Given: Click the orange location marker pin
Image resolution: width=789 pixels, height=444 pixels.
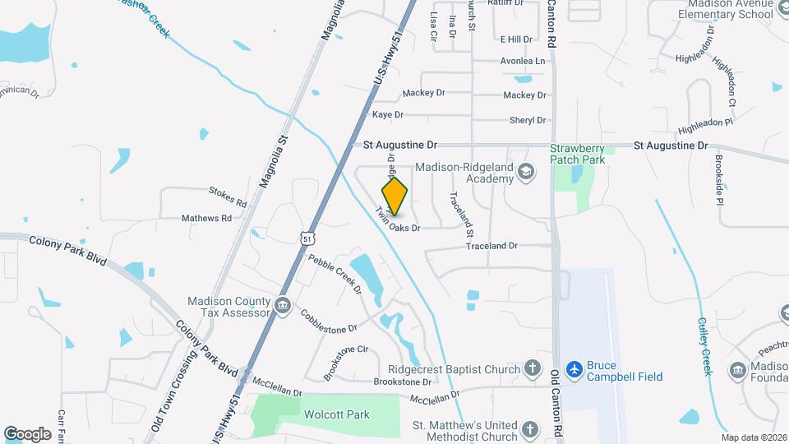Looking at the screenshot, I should click(394, 196).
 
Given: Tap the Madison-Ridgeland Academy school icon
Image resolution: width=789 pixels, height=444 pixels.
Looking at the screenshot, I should click(526, 172).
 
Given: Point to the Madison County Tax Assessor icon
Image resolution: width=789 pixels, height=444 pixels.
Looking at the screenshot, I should click(282, 306).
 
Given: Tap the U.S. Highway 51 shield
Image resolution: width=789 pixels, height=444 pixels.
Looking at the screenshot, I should click(307, 238).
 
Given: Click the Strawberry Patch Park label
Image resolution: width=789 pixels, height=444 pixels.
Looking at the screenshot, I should click(577, 154).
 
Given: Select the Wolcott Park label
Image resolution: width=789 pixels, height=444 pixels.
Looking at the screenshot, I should click(336, 415).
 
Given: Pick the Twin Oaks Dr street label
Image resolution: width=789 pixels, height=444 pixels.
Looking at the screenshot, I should click(399, 220).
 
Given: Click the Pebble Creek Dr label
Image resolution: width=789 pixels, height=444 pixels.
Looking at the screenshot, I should click(335, 273).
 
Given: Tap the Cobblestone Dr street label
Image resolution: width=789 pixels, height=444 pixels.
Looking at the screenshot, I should click(329, 321).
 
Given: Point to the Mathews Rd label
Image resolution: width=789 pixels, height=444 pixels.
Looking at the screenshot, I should click(206, 219).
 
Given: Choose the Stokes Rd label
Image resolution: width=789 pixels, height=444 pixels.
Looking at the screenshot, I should click(228, 197).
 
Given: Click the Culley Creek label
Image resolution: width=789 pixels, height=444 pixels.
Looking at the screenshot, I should click(704, 346).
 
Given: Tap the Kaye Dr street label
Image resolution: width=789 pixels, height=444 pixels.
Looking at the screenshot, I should click(388, 115).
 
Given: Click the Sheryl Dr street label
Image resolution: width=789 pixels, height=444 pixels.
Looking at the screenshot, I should click(528, 120).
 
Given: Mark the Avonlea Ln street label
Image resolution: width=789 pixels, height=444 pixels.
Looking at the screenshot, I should click(524, 61).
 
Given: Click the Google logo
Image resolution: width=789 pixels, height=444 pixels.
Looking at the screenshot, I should click(27, 433).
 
